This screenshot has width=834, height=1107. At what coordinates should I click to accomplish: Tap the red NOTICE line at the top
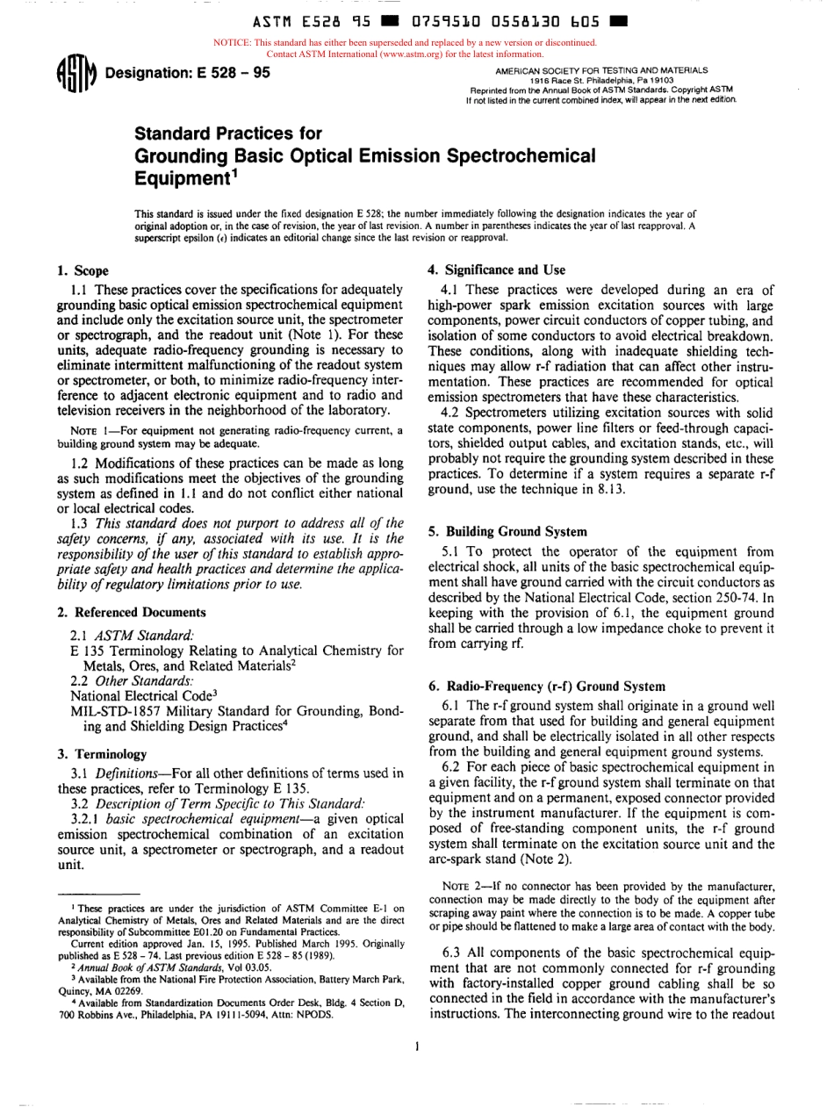click(405, 41)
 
